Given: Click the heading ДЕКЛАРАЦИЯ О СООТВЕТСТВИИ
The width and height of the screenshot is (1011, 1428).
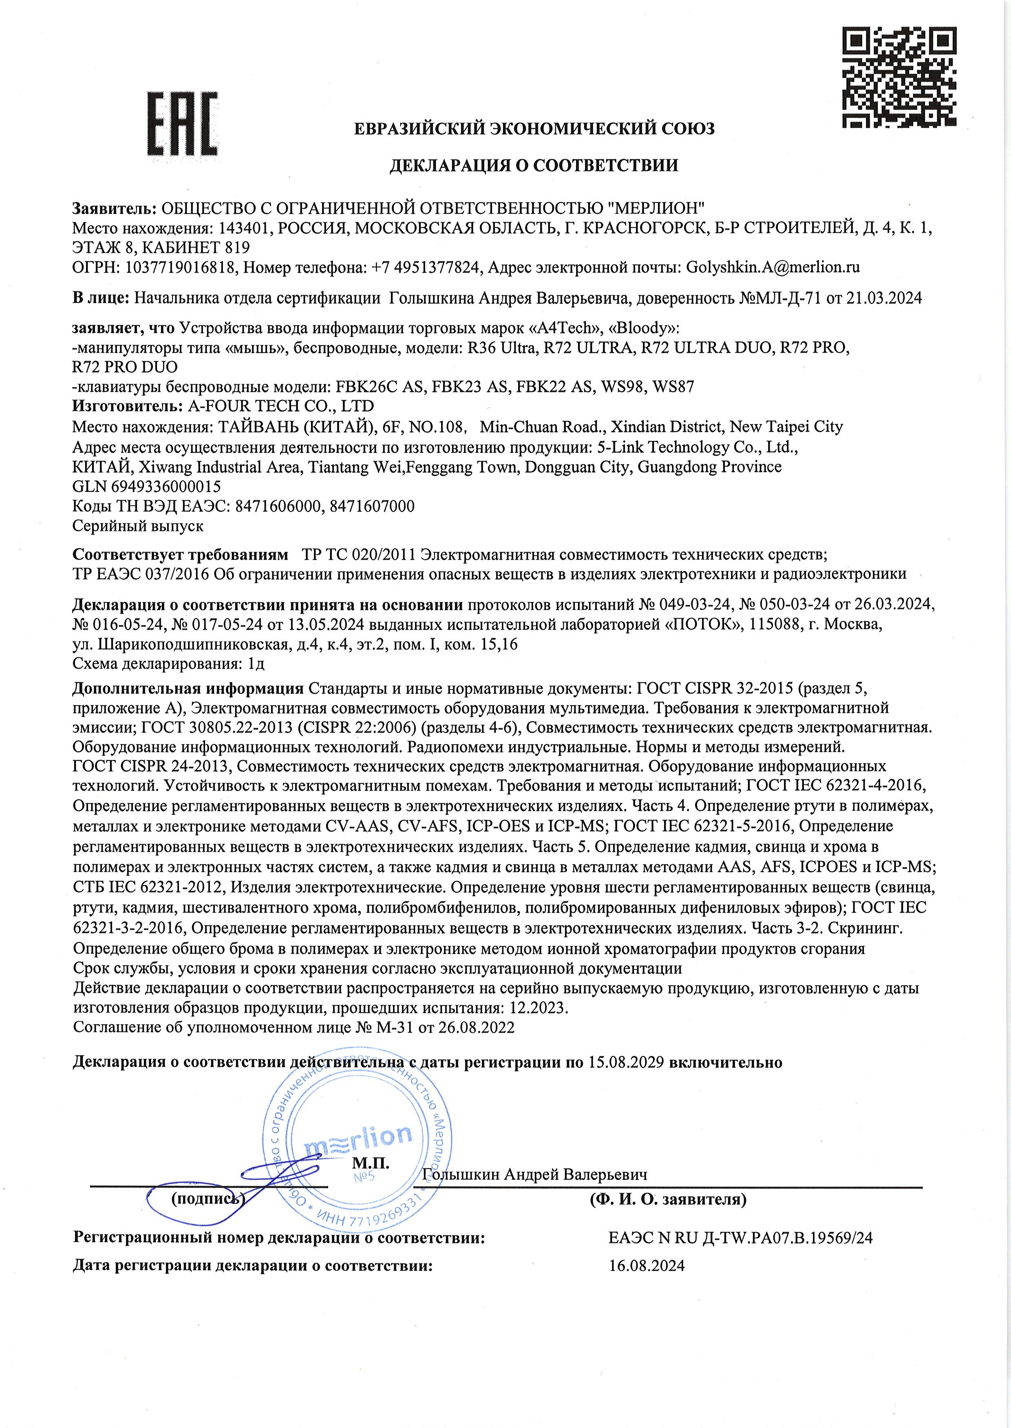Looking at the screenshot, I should tap(534, 165).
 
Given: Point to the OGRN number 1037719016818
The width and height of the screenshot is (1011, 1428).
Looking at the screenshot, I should tap(181, 268).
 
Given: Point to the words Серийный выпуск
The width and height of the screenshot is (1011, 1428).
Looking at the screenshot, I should tap(138, 526).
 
